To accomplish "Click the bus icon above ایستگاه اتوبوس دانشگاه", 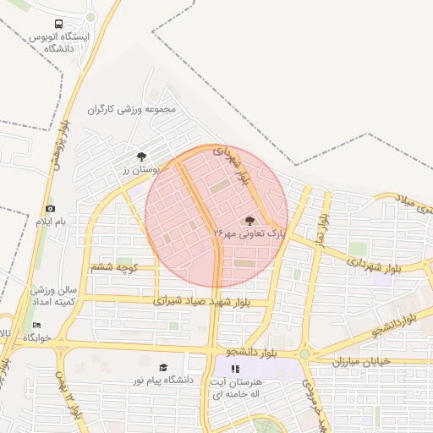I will click(58, 25).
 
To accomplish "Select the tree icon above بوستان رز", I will click(141, 156).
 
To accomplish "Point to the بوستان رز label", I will click(141, 170).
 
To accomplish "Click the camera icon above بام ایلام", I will click(50, 208).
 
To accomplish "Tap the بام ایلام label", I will click(49, 222).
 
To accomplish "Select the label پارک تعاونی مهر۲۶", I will click(249, 231).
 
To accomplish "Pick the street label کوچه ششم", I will click(113, 267).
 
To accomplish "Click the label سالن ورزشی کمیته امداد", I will click(53, 296).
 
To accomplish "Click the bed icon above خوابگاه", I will click(36, 325).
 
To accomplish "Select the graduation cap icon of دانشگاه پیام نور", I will click(163, 367).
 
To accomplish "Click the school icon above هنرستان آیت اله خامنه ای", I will click(235, 369).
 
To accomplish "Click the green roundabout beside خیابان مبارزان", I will click(304, 355).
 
